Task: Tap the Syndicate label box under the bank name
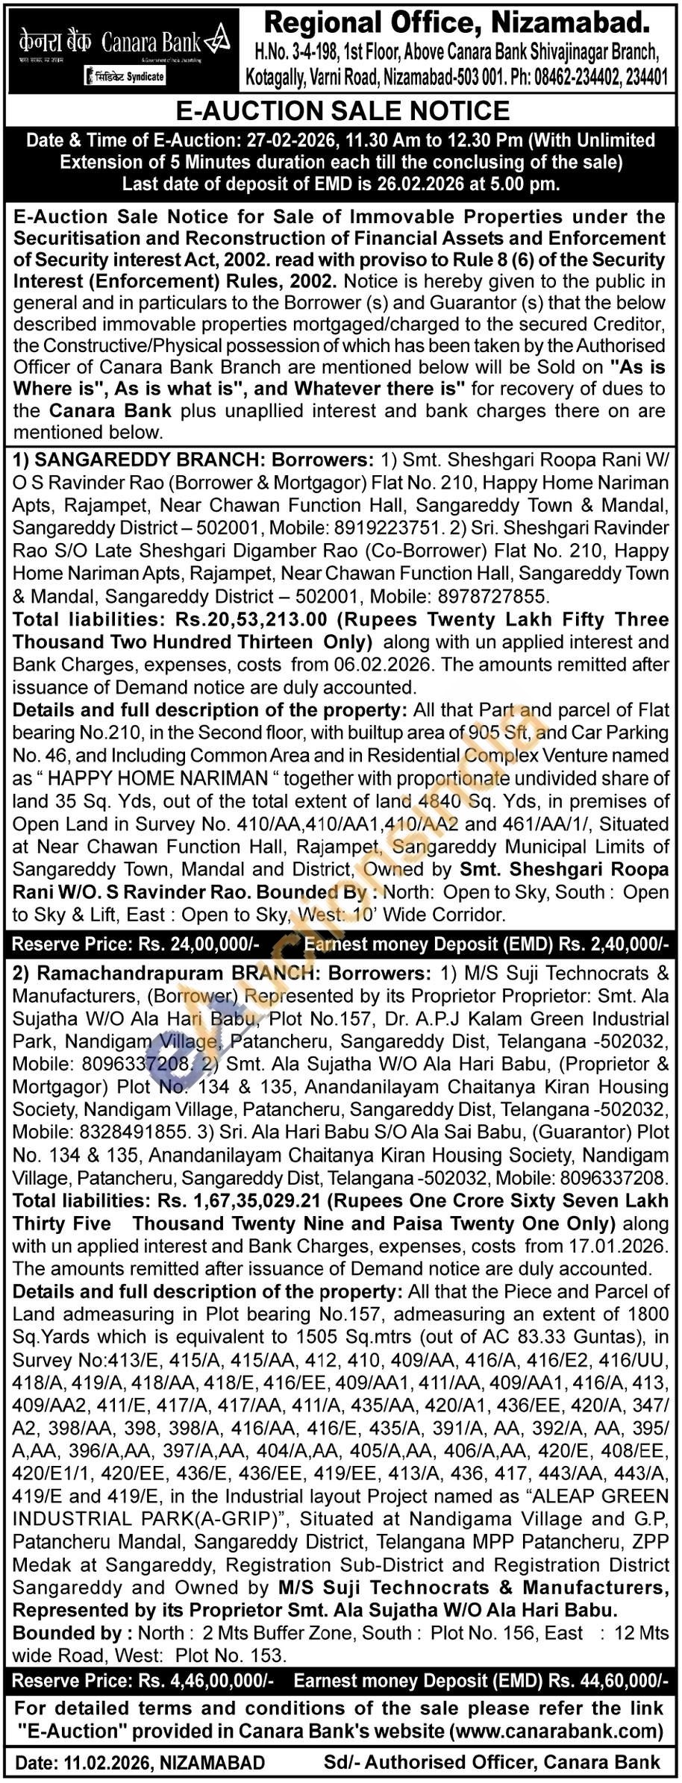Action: tap(125, 76)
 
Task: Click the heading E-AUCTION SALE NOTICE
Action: tap(342, 111)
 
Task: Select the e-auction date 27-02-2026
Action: tap(276, 140)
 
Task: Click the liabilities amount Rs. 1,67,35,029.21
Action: tap(235, 1200)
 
